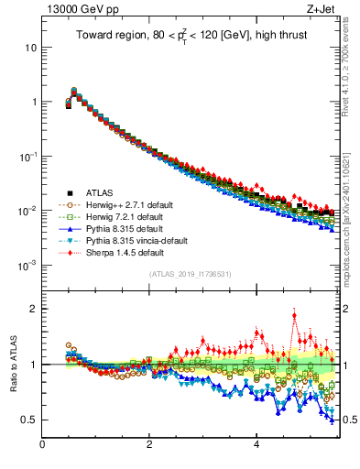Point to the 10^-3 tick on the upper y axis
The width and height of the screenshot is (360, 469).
pos(27,266)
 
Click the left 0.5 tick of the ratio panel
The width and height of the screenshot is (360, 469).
pos(29,420)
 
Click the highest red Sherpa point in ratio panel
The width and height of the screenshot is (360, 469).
pos(294,315)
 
